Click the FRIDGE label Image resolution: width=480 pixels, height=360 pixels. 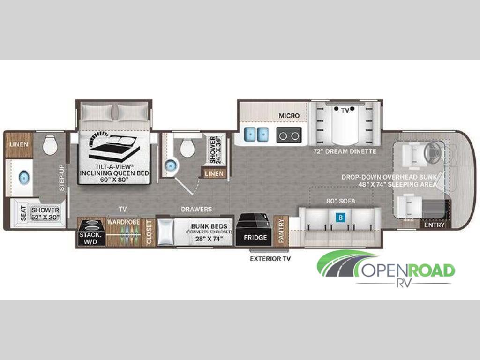(255, 238)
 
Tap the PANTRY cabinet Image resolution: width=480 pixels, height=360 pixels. (281, 231)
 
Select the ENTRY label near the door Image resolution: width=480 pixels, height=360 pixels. (435, 225)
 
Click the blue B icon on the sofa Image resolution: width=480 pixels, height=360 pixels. (340, 217)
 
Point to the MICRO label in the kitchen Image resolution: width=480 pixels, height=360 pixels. (289, 116)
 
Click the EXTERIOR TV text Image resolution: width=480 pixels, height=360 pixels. (270, 259)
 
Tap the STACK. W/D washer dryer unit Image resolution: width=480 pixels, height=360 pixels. (90, 232)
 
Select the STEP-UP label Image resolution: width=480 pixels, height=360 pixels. (61, 178)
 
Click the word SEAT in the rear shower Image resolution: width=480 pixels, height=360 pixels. (23, 213)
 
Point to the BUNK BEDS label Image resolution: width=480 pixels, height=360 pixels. (210, 226)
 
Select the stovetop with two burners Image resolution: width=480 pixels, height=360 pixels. (289, 135)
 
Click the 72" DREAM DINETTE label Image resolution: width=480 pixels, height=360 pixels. (345, 151)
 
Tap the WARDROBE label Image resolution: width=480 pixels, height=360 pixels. (123, 222)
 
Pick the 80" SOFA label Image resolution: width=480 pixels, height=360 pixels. (341, 201)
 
